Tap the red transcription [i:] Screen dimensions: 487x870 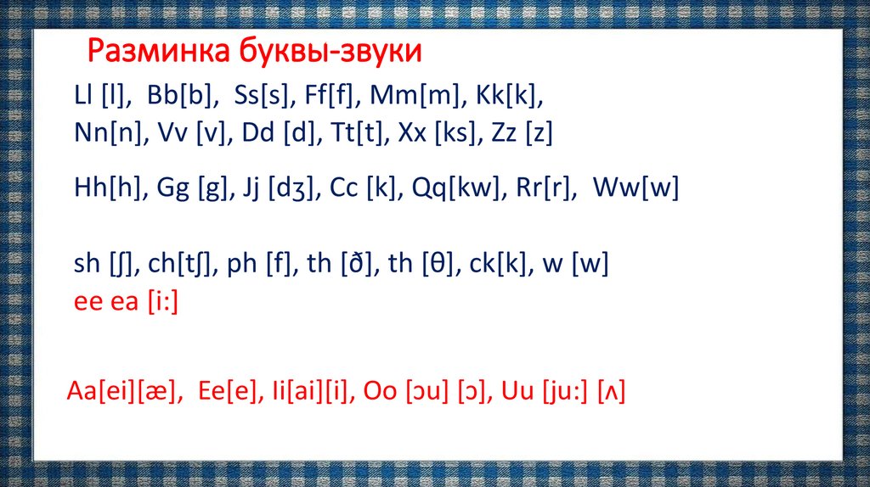point(161,301)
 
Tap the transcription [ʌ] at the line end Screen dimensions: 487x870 point(612,393)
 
